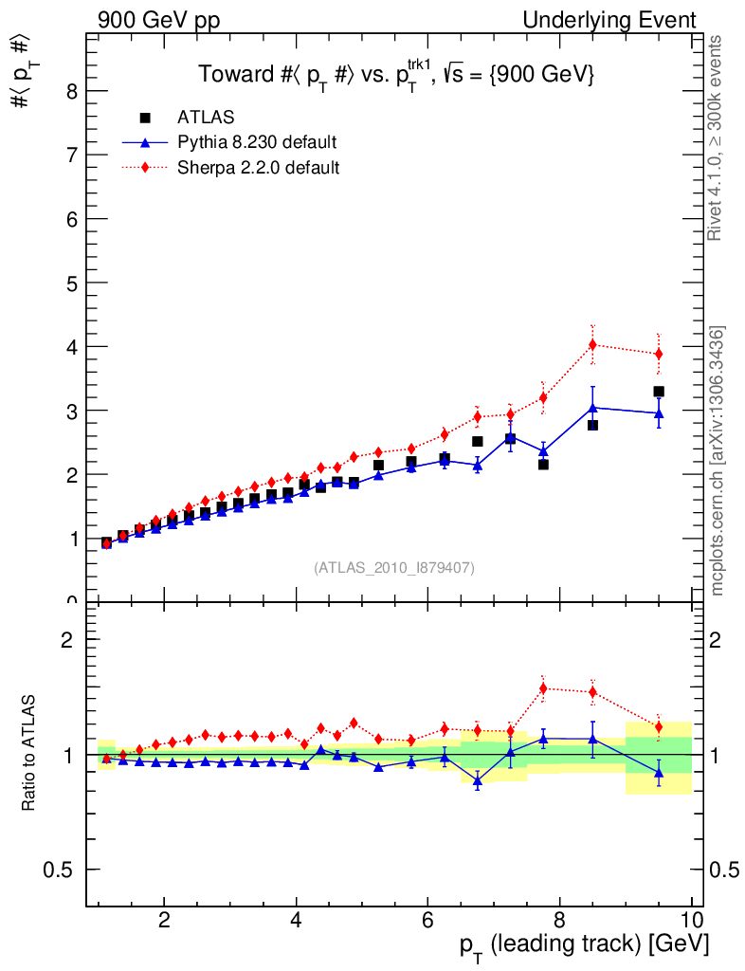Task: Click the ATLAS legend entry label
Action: coord(206,118)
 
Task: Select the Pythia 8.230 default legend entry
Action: coord(257,143)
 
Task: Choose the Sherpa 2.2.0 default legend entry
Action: coord(259,168)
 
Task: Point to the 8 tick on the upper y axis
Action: coord(70,91)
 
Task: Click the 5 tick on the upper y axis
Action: coord(70,283)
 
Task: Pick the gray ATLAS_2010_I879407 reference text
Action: coord(394,568)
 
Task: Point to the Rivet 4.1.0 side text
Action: coord(718,138)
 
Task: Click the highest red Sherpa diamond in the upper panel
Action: coord(592,345)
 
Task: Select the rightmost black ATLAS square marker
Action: coord(659,392)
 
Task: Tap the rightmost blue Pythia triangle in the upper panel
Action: coord(659,413)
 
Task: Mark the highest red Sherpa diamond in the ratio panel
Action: coord(543,688)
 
